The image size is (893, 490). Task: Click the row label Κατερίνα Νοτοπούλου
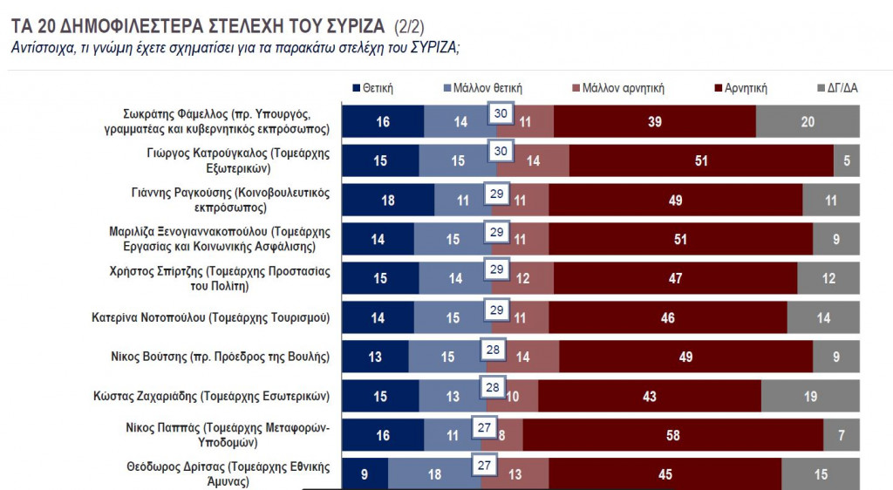point(212,317)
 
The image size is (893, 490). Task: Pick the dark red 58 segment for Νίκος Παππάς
point(672,434)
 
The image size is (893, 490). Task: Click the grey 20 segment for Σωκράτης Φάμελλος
point(808,122)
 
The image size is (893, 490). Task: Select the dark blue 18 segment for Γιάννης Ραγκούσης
point(387,200)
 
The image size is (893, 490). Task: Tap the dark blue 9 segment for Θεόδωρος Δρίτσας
point(364,473)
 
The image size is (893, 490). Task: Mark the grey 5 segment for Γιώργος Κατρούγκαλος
point(847,161)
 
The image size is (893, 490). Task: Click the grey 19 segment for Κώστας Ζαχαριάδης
point(810,396)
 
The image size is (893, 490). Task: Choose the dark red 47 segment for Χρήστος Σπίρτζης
point(675,278)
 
